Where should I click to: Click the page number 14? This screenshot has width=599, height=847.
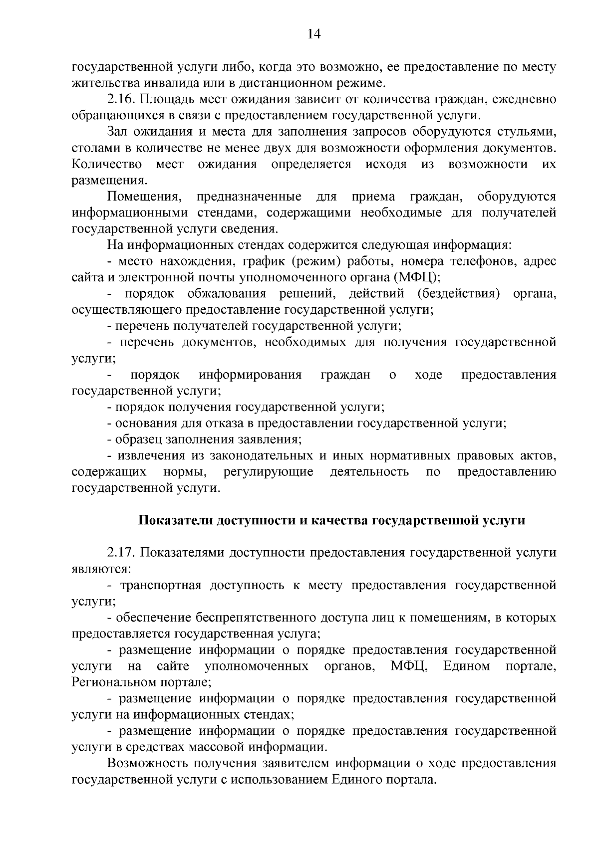314,34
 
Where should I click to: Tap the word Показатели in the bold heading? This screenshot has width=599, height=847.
175,520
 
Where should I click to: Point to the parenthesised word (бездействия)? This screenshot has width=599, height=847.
460,293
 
